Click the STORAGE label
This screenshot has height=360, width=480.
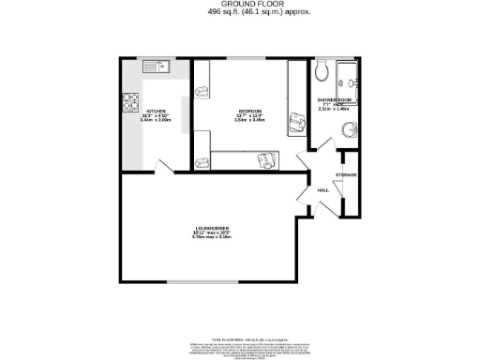[347, 174]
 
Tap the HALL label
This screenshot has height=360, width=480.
[322, 189]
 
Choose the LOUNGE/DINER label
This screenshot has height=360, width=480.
[209, 229]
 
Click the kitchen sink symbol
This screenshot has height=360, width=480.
[155, 67]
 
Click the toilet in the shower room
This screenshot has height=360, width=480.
[322, 69]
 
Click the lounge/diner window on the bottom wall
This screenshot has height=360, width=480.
[202, 282]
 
